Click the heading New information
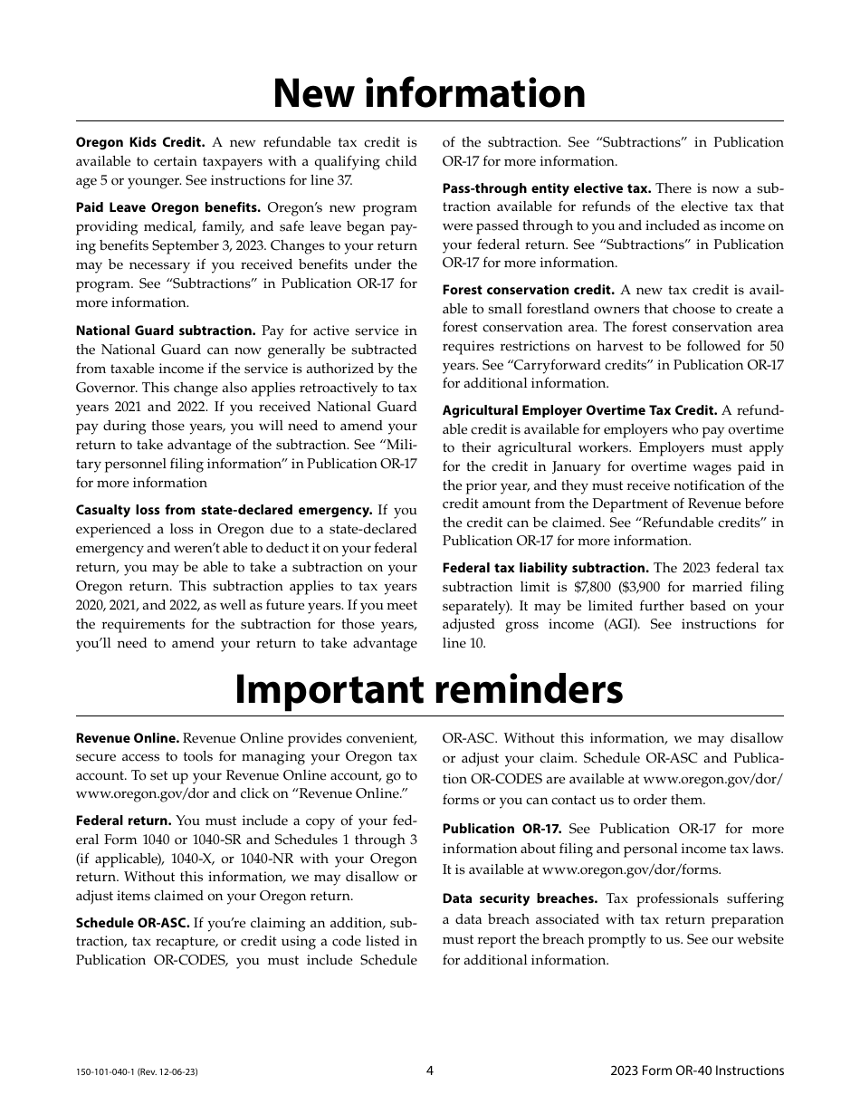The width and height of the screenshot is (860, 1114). (x=429, y=94)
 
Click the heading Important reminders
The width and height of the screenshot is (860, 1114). (x=429, y=690)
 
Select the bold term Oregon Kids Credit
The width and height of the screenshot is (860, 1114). (x=140, y=142)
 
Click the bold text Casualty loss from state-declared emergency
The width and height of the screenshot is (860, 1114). (x=224, y=510)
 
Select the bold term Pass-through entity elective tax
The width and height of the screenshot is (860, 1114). (x=546, y=188)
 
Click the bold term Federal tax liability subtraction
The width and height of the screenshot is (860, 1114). (x=545, y=568)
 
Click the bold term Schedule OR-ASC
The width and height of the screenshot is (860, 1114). (x=132, y=922)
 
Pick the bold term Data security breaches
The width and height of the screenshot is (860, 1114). (x=520, y=898)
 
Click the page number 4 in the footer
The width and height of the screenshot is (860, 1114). (x=430, y=1071)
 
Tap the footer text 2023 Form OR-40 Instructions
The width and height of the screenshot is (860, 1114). (x=697, y=1071)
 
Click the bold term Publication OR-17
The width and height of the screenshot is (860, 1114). (x=502, y=829)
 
